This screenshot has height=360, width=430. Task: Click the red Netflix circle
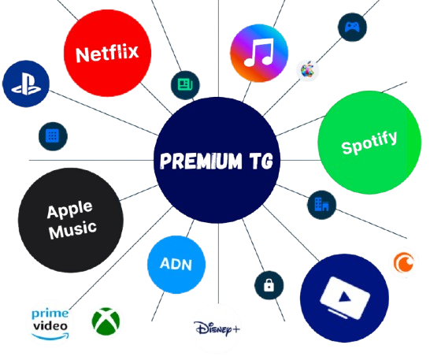[x=107, y=53]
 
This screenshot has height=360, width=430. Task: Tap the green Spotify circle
[x=369, y=143]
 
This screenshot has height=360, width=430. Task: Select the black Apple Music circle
[x=71, y=220]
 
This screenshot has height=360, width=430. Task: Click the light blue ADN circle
[x=176, y=265]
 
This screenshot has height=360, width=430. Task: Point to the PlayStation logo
[x=26, y=84]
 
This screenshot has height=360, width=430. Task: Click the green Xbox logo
[x=106, y=321]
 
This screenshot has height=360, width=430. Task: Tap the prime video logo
[x=50, y=324]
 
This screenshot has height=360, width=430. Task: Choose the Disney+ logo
[x=217, y=328]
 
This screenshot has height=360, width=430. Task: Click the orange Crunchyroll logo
[x=404, y=262]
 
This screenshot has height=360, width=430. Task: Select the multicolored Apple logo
[x=307, y=70]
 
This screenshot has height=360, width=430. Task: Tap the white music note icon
[x=259, y=53]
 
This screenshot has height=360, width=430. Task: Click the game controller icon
[x=352, y=27]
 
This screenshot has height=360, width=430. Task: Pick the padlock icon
[x=269, y=285]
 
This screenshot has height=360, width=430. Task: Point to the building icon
[x=321, y=205]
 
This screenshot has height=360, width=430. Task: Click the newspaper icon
[x=185, y=84]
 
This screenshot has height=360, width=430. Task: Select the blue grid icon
[x=53, y=135]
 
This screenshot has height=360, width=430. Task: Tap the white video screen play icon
[x=344, y=299]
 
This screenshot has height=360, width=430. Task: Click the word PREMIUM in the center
[x=201, y=161]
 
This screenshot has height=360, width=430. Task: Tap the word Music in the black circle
[x=72, y=229]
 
